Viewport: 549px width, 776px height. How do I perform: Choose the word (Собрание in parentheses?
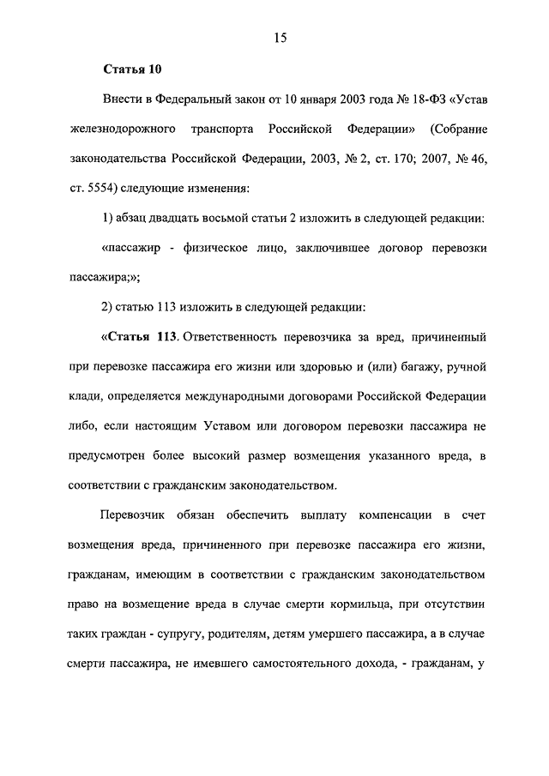pyautogui.click(x=461, y=129)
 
